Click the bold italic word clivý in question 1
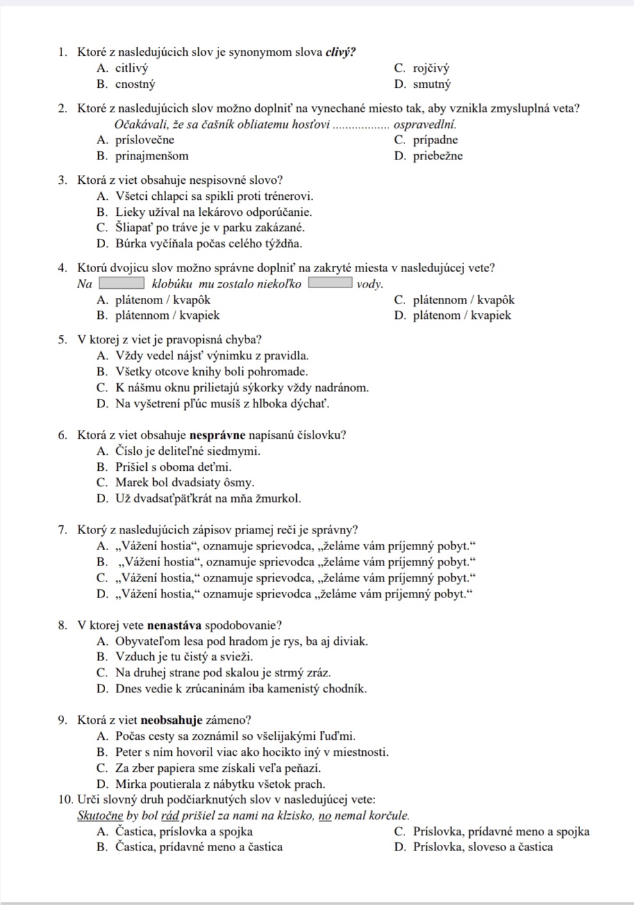click(x=340, y=53)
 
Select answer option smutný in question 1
click(x=431, y=85)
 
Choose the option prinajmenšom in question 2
click(x=152, y=156)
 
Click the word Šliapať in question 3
click(x=134, y=228)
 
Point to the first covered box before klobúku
click(x=121, y=283)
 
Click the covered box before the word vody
click(x=330, y=283)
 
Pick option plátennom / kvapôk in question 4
click(x=463, y=300)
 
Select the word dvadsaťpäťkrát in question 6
click(x=173, y=499)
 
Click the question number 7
click(x=62, y=530)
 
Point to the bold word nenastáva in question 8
click(x=175, y=626)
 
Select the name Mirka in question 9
click(x=130, y=784)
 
